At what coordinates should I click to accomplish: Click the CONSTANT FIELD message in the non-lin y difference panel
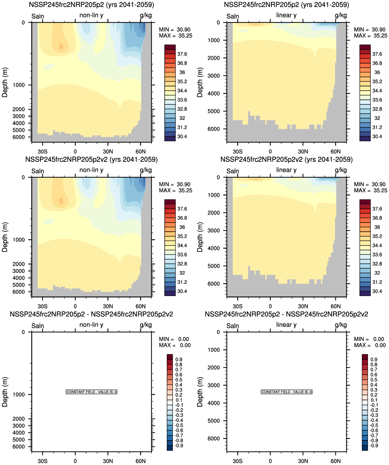tap(91, 392)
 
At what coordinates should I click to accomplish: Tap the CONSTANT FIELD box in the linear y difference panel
tap(287, 392)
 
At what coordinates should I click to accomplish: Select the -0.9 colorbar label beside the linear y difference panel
tap(374, 445)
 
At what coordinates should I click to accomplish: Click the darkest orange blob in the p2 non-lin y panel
tap(61, 46)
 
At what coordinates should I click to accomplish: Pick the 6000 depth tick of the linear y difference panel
tap(214, 439)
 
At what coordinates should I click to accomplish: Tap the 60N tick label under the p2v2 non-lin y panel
tap(140, 306)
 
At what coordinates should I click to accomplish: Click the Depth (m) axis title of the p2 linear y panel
tap(200, 82)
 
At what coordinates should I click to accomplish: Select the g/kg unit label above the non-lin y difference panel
tap(145, 325)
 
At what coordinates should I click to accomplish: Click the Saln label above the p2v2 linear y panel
tap(233, 171)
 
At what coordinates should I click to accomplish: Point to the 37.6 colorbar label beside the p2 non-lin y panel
tap(182, 54)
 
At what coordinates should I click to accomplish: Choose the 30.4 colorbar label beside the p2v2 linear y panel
tap(377, 291)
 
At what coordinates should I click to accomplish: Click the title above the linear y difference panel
tap(286, 314)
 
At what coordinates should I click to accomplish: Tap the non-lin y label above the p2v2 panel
tap(91, 170)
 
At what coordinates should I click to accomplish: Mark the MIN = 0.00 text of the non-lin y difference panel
tap(174, 339)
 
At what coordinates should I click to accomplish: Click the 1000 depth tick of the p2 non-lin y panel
tap(19, 85)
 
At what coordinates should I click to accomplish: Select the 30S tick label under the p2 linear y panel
tap(237, 151)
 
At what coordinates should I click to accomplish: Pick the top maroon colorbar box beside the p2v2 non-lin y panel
tap(170, 202)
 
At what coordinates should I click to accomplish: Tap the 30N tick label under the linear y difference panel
tap(303, 461)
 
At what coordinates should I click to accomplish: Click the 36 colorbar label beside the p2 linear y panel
tap(377, 72)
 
